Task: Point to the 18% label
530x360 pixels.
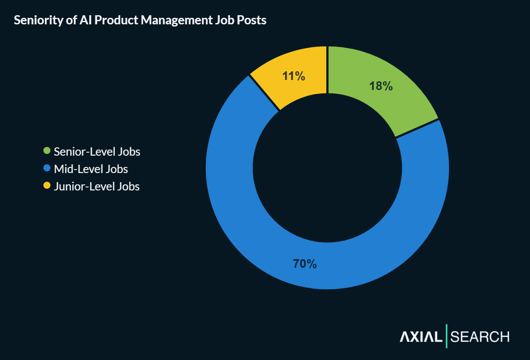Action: [381, 86]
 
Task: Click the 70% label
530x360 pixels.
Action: [305, 263]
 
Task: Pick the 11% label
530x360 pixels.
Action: [293, 76]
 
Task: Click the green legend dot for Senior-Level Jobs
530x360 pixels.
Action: [47, 151]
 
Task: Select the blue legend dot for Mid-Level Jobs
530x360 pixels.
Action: [47, 168]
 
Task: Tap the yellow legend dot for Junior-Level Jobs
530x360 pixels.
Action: [47, 186]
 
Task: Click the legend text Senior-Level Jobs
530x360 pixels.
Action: [97, 152]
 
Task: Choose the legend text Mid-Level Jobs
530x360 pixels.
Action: [91, 169]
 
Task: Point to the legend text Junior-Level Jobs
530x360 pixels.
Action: [97, 187]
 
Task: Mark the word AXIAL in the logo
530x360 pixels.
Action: [421, 337]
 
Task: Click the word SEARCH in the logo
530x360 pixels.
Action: [480, 337]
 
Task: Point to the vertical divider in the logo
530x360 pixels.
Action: [446, 336]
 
